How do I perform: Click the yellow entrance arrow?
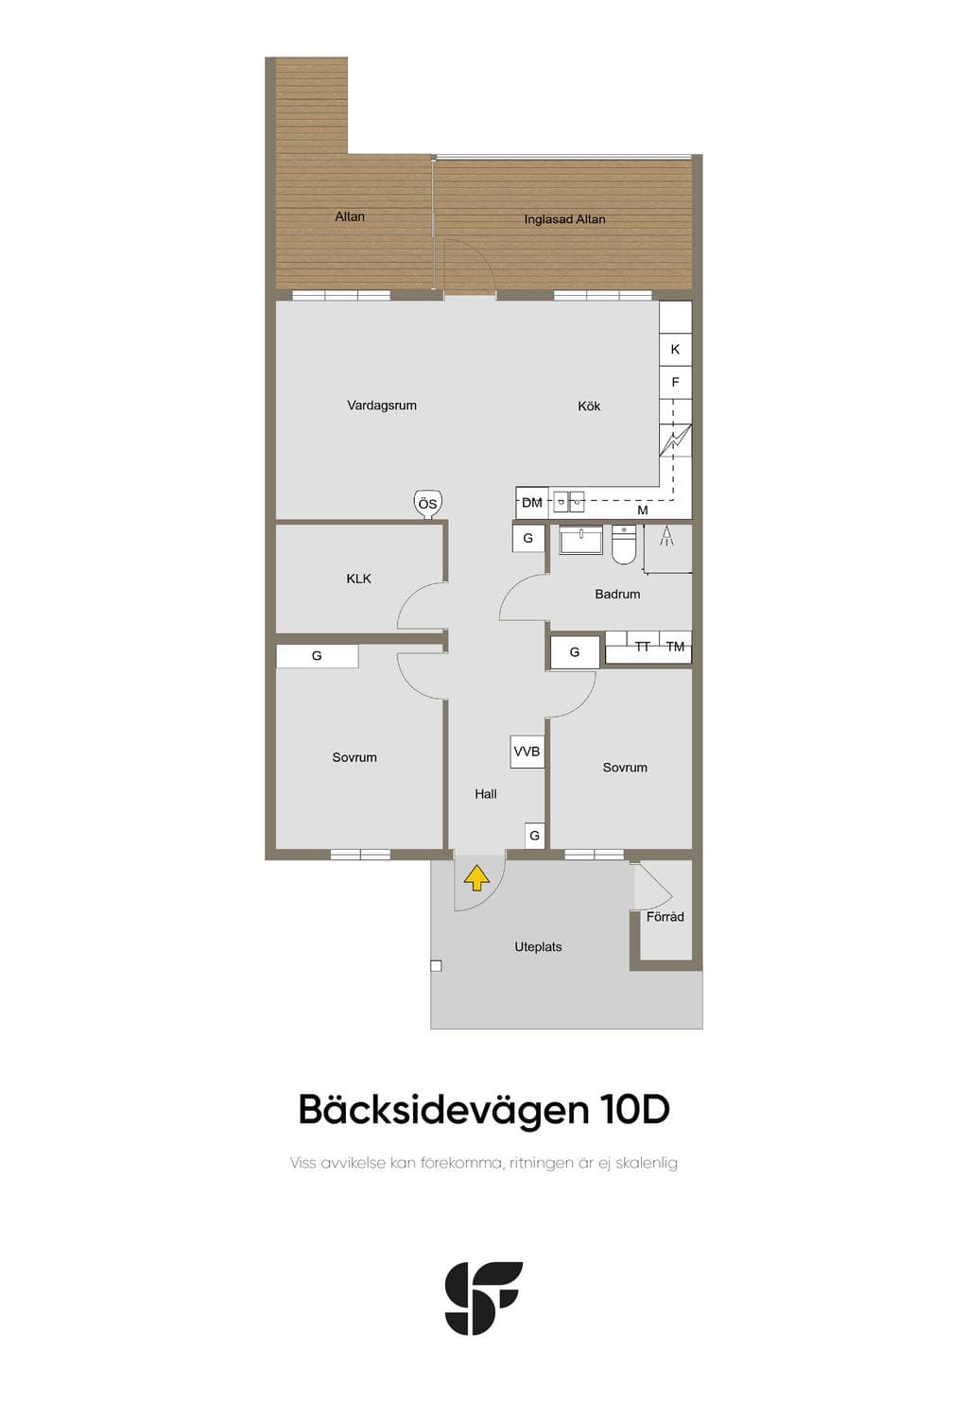coord(476,877)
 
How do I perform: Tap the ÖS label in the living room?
coord(427,504)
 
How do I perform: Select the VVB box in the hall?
coord(527,751)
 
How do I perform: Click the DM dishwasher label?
coord(531,503)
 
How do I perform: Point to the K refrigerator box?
coord(675,349)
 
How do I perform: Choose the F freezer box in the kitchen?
coord(675,382)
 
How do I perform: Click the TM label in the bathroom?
coord(675,648)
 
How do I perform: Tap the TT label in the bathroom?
coord(642,648)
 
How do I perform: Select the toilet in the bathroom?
coord(623,545)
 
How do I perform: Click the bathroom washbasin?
coord(580,540)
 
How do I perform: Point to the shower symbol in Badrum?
coord(666,536)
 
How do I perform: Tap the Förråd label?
coord(665,917)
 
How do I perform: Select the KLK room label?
coord(358,579)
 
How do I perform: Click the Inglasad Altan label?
coord(564,219)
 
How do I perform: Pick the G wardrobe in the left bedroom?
coord(318,656)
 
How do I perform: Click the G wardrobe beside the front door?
coord(534,836)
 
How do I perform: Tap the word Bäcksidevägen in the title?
coord(443,1110)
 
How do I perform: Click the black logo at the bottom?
coord(483,1297)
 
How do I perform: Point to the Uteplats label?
coord(538,947)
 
